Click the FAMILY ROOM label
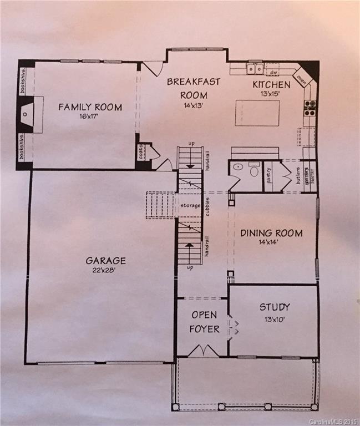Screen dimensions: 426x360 tap(90, 107)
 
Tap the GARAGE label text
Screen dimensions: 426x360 tap(105, 260)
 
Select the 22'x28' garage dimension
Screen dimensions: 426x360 tap(105, 270)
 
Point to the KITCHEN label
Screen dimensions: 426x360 tap(271, 85)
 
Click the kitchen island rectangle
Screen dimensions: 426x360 tap(257, 113)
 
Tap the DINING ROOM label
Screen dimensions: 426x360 tap(272, 233)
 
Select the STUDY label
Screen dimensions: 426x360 tap(275, 307)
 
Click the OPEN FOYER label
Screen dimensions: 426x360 tap(205, 322)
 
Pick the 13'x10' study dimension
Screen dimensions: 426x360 tap(274, 318)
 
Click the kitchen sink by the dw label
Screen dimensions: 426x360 tap(255, 69)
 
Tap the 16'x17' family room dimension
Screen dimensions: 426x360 tap(90, 117)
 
